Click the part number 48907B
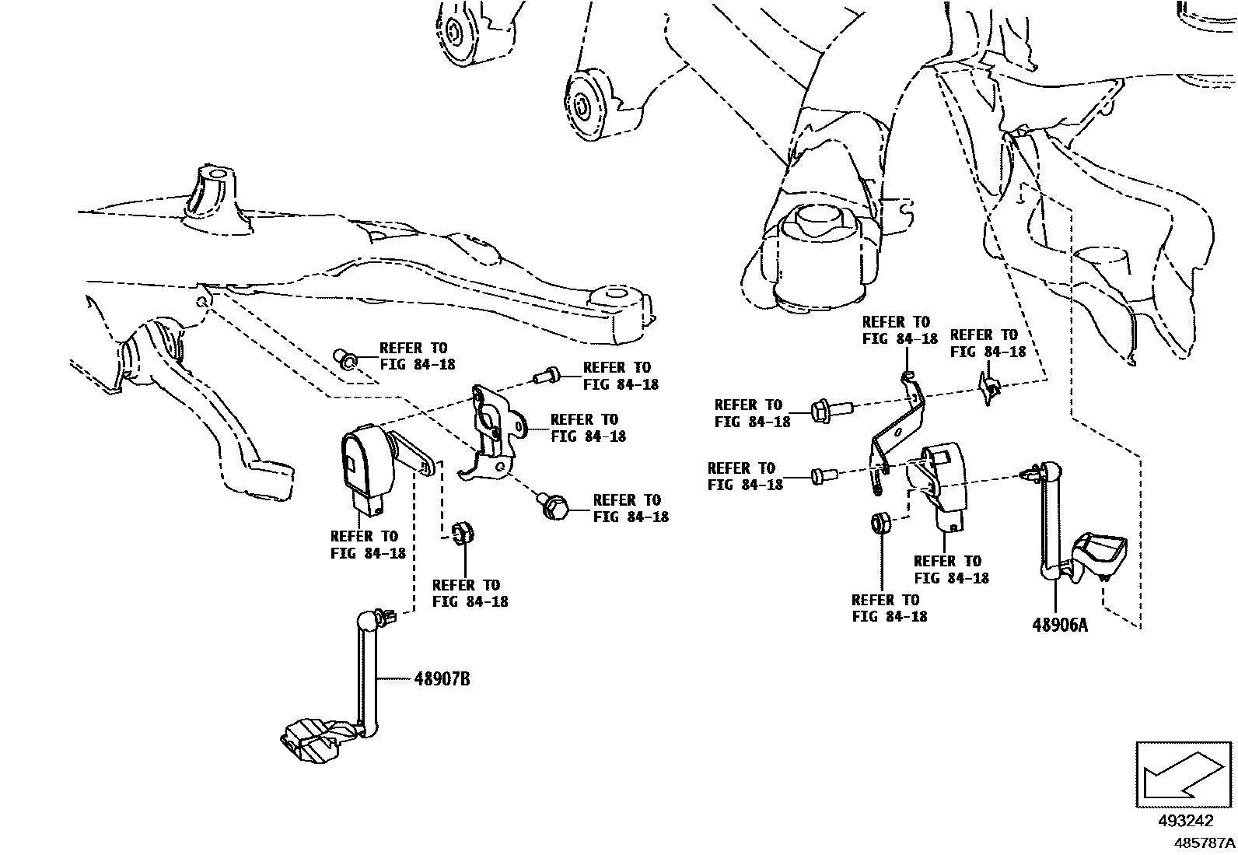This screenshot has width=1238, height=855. (442, 679)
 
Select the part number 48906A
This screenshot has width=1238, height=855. (1059, 624)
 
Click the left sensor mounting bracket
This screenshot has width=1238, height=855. (494, 432)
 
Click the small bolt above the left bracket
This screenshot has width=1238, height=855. (545, 377)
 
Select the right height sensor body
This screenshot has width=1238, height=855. (942, 482)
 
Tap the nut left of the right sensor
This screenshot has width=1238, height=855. (880, 523)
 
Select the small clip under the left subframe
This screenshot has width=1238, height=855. (344, 358)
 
